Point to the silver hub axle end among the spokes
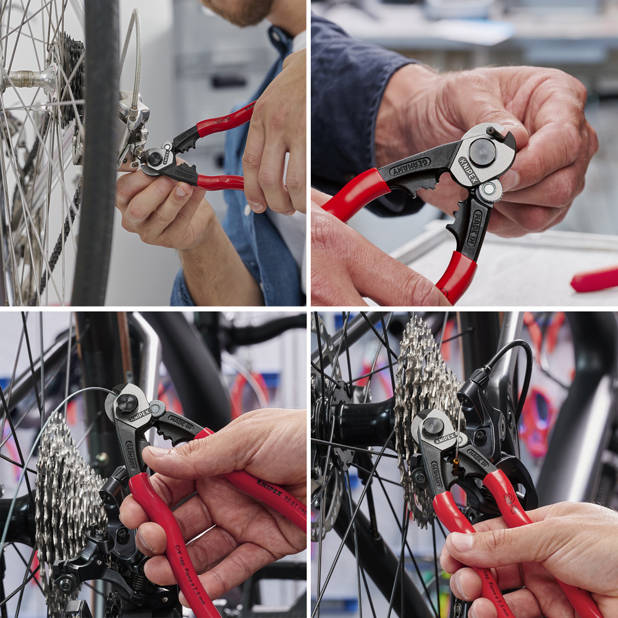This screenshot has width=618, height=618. point(28,79)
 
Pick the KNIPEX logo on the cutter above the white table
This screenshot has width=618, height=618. point(468,175)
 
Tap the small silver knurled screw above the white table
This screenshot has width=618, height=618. point(490,190)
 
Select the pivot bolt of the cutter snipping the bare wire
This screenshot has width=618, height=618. point(127,404)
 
